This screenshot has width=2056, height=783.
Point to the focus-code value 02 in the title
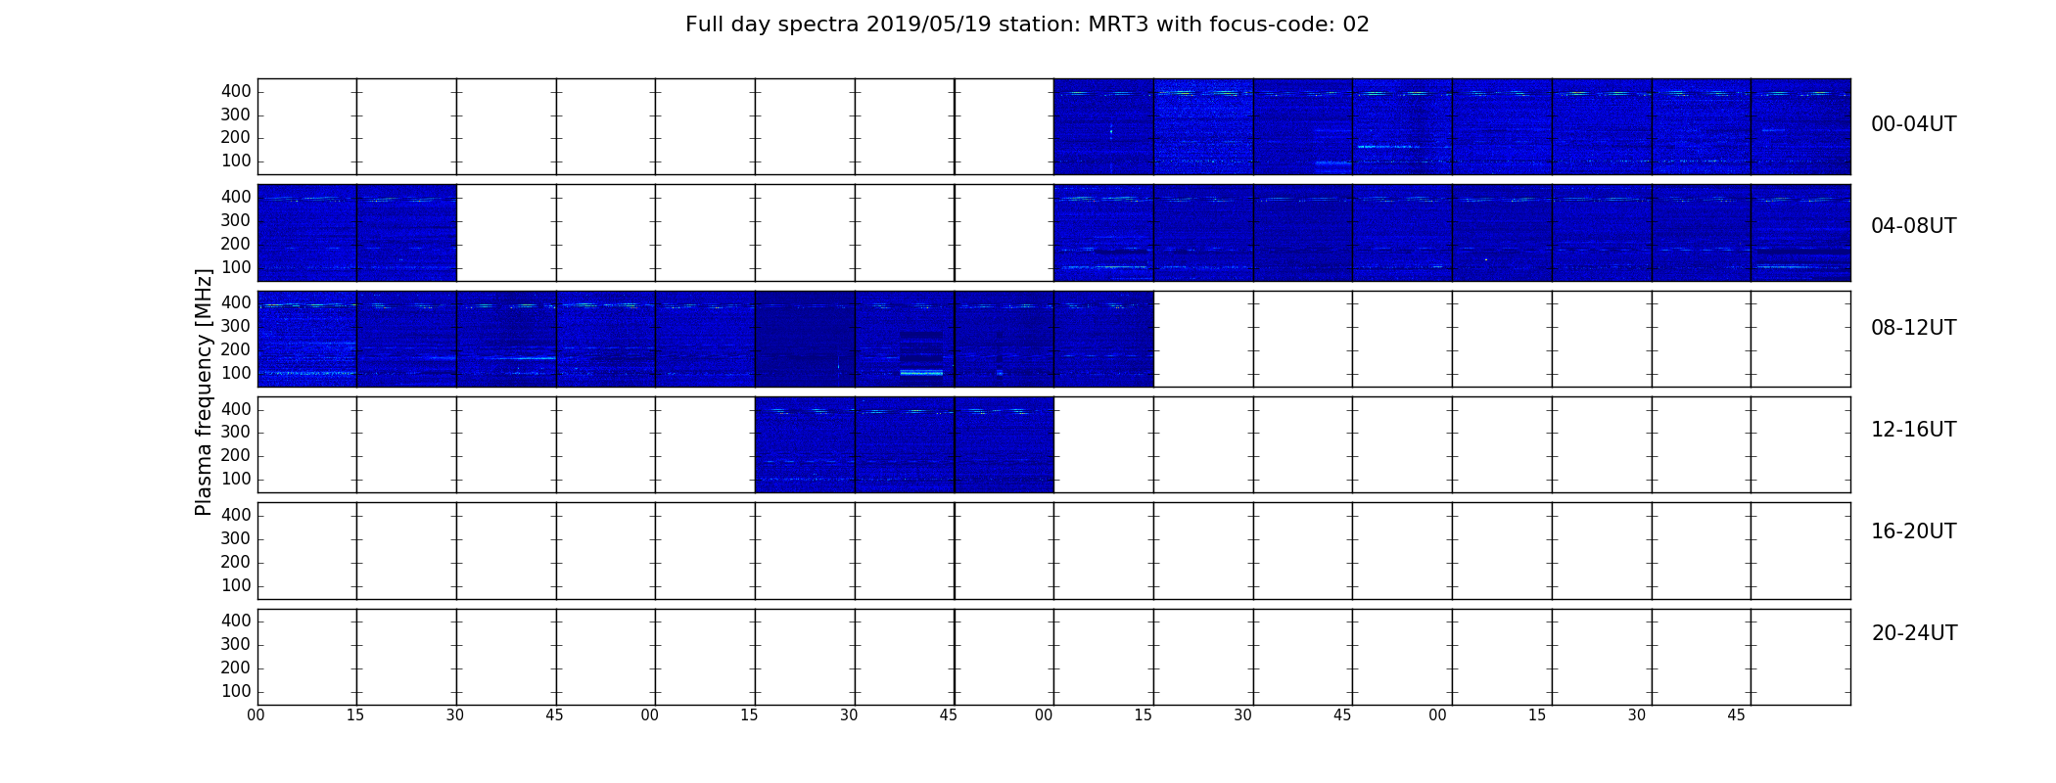pyautogui.click(x=1356, y=24)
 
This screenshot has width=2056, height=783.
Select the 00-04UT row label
pyautogui.click(x=1914, y=124)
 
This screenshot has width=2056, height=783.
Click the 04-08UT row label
pyautogui.click(x=1914, y=226)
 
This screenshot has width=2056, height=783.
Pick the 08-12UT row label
pyautogui.click(x=1914, y=328)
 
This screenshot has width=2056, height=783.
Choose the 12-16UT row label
pyautogui.click(x=1914, y=430)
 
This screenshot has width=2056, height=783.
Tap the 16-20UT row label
pyautogui.click(x=1914, y=531)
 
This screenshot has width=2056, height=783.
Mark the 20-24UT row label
pyautogui.click(x=1914, y=633)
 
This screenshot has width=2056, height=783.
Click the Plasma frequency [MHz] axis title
pyautogui.click(x=204, y=391)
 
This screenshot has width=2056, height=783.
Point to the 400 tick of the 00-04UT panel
pyautogui.click(x=236, y=91)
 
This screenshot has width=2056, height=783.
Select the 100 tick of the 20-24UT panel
pyautogui.click(x=236, y=691)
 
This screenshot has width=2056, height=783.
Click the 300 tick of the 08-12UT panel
pyautogui.click(x=236, y=326)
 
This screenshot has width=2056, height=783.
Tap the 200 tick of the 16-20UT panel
pyautogui.click(x=236, y=562)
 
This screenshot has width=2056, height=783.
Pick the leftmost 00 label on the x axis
pyautogui.click(x=256, y=715)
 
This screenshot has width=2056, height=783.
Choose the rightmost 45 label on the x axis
pyautogui.click(x=1736, y=715)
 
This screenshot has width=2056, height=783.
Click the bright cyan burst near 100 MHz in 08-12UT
pyautogui.click(x=921, y=373)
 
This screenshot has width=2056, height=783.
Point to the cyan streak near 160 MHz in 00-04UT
pyautogui.click(x=1388, y=147)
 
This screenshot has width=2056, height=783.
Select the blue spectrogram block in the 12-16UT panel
pyautogui.click(x=905, y=444)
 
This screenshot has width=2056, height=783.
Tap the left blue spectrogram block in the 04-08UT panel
pyautogui.click(x=357, y=233)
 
